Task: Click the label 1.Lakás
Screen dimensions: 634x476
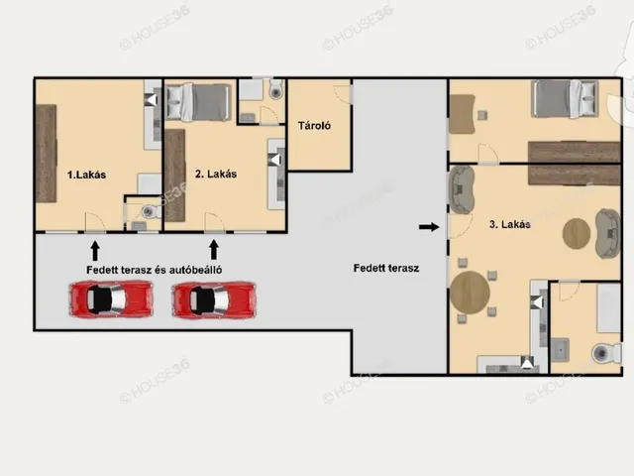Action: point(86,175)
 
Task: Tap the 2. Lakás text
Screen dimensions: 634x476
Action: point(216,175)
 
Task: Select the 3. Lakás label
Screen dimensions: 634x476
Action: point(510,224)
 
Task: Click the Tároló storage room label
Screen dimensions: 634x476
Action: point(314,126)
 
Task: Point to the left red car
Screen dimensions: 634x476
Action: point(111,299)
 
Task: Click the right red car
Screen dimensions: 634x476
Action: point(214,299)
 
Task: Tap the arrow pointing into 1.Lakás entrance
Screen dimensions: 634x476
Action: point(95,251)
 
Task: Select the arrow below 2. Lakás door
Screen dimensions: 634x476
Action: point(214,250)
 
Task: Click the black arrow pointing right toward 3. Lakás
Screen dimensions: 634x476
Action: point(429,227)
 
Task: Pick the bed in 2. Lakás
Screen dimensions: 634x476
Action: point(198,102)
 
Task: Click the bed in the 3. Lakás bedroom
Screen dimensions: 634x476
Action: point(566,99)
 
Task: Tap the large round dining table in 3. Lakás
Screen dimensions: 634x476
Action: point(470,293)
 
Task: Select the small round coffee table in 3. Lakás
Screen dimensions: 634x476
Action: point(577,234)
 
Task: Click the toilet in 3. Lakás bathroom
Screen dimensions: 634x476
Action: point(606,353)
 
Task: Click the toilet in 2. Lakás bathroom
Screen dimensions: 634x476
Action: point(276,90)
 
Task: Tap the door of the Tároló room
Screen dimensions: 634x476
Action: point(343,94)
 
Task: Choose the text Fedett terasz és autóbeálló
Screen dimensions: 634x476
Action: point(155,270)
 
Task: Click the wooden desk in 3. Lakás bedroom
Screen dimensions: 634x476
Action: point(463,114)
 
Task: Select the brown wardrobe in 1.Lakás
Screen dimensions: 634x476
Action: point(47,154)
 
